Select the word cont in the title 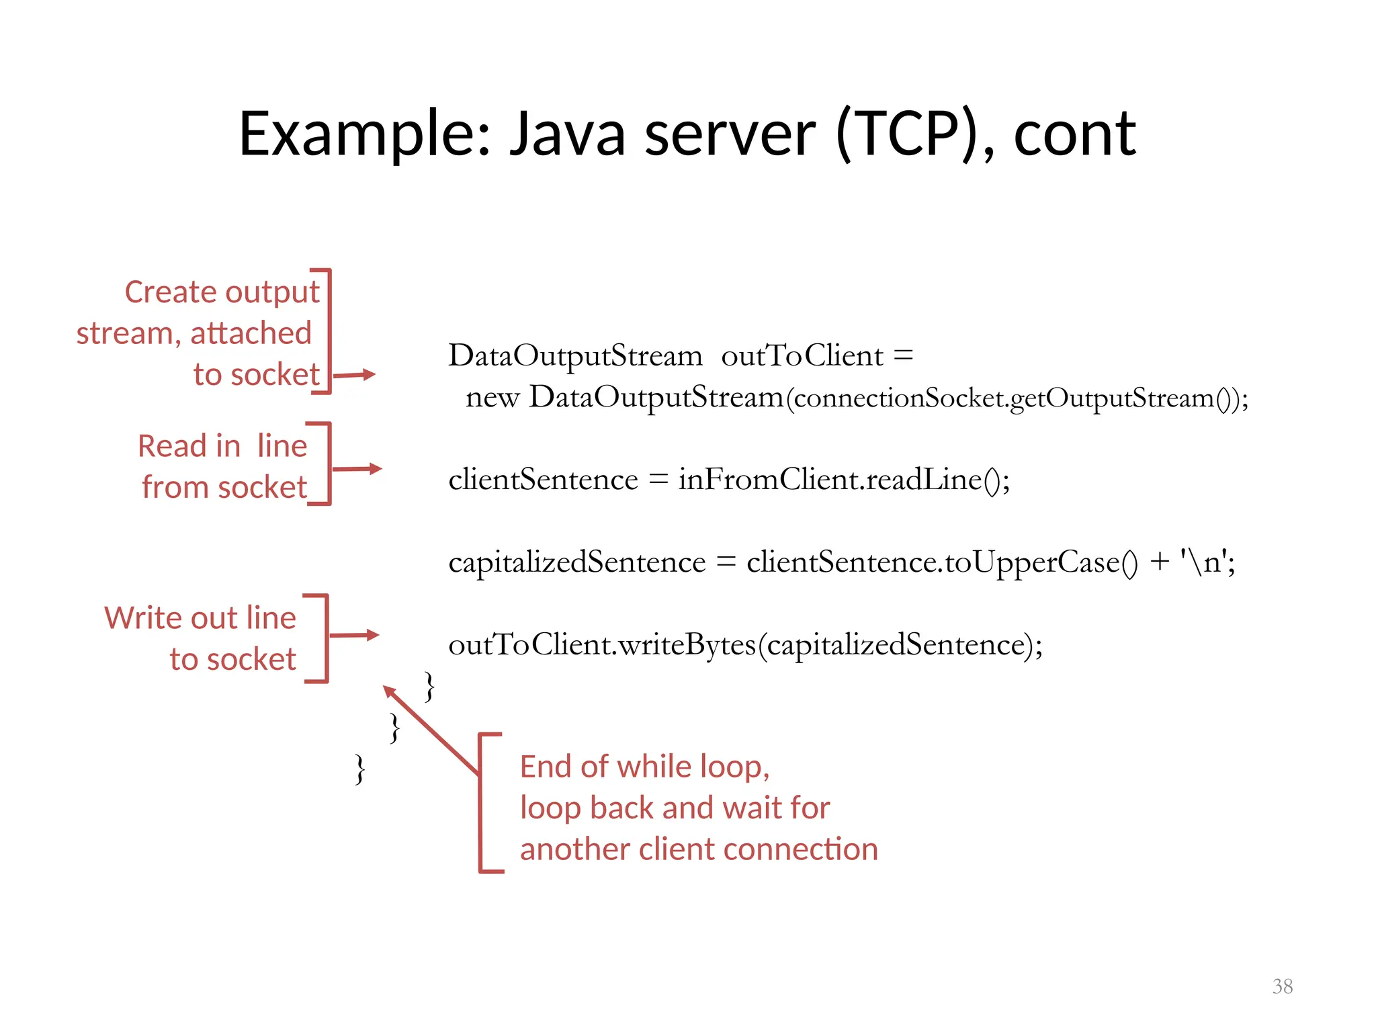(1074, 135)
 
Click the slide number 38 (1282, 986)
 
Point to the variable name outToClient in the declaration (802, 355)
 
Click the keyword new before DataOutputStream (492, 397)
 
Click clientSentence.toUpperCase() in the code (942, 562)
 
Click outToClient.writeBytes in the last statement (601, 645)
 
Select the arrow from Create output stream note (355, 375)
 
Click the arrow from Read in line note (357, 469)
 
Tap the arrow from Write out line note (354, 635)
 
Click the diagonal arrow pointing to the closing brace (430, 730)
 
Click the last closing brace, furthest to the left (360, 770)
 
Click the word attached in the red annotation (251, 333)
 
